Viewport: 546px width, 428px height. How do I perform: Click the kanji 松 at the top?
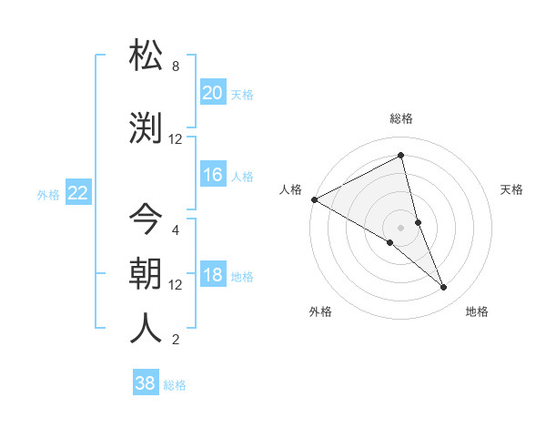point(147,56)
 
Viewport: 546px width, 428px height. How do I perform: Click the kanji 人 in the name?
point(147,328)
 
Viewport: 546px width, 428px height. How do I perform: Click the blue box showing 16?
point(212,175)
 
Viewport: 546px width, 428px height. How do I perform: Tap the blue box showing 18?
point(212,275)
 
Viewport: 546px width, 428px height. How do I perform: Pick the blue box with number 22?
point(77,193)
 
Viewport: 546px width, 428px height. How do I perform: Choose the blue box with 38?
point(145,383)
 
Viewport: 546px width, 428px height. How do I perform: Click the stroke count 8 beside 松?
point(176,66)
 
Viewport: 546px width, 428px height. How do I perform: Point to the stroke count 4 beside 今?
point(176,229)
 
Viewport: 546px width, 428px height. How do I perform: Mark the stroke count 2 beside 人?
point(176,340)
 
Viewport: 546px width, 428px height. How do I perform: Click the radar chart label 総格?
point(400,118)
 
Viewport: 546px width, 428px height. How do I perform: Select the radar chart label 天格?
point(511,189)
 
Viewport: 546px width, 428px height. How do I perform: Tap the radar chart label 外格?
point(320,311)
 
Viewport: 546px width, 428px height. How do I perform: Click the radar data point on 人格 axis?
point(314,199)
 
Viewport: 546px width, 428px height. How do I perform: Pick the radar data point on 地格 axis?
point(444,288)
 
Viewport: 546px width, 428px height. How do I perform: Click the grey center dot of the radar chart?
point(400,227)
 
